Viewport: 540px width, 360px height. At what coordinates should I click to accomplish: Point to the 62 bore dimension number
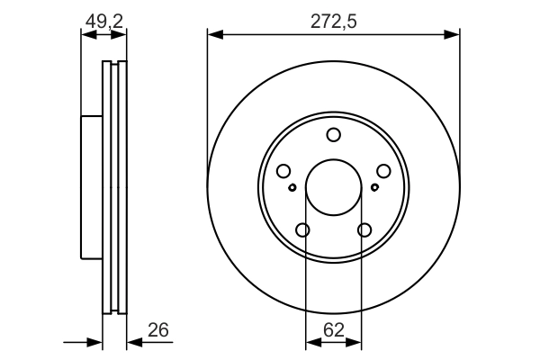[334, 329]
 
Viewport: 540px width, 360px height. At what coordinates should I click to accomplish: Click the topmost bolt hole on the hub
[334, 135]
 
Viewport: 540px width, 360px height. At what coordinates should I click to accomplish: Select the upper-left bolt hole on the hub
[283, 171]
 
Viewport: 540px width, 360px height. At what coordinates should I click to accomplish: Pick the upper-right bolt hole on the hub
[384, 171]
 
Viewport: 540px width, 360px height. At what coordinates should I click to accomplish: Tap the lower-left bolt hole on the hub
[302, 230]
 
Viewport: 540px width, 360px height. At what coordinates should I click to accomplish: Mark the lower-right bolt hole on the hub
[364, 230]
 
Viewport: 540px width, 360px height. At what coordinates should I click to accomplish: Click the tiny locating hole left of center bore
[292, 187]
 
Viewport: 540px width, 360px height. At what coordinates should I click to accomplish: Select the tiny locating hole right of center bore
[374, 187]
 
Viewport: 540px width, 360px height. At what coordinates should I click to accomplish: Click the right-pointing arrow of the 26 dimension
[95, 342]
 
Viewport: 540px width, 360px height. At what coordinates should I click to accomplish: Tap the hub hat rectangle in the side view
[91, 187]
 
